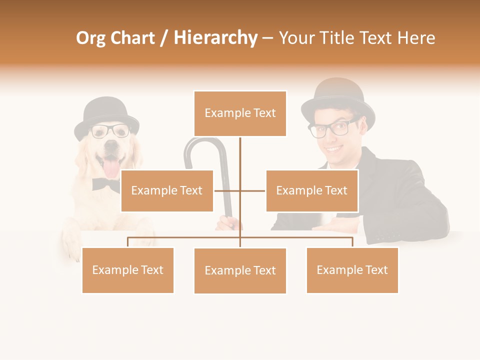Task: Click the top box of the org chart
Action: click(240, 113)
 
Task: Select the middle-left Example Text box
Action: click(167, 190)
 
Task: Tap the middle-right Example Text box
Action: click(311, 190)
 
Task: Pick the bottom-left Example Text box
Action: click(127, 270)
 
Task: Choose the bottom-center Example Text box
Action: click(240, 270)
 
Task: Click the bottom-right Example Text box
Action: click(352, 270)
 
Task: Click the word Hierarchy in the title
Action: click(215, 38)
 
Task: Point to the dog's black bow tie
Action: click(105, 185)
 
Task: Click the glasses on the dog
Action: click(110, 131)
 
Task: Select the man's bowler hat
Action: click(338, 100)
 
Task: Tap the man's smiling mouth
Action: click(334, 148)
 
